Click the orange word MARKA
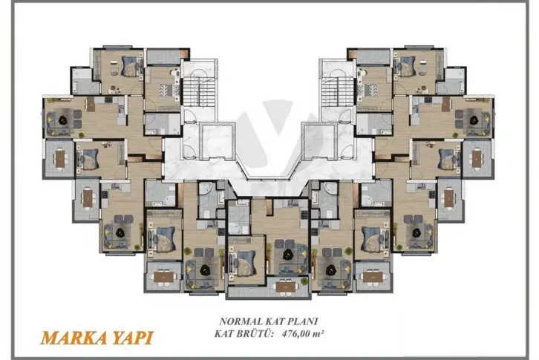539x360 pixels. click(71, 338)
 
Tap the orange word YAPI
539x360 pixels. click(130, 338)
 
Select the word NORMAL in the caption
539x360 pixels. click(241, 321)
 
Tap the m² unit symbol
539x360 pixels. click(321, 333)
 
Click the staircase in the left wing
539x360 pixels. click(200, 91)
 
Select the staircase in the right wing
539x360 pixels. click(337, 91)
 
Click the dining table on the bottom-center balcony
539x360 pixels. click(286, 287)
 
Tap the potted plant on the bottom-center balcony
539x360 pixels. click(304, 281)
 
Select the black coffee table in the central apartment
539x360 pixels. click(287, 255)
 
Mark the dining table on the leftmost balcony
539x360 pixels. click(60, 158)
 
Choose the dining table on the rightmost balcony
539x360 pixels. click(477, 158)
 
